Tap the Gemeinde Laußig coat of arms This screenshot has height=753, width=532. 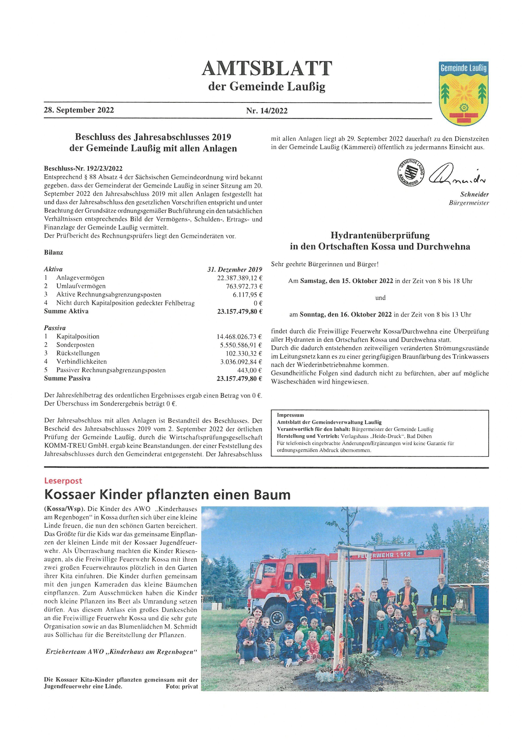(463, 93)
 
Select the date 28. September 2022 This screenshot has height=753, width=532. (79, 110)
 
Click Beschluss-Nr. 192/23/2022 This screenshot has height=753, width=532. (83, 169)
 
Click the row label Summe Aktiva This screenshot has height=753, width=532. (66, 311)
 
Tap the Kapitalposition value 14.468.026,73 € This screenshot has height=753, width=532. (239, 336)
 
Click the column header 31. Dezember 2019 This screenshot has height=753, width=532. (234, 270)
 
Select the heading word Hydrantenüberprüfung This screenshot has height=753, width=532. (380, 235)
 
